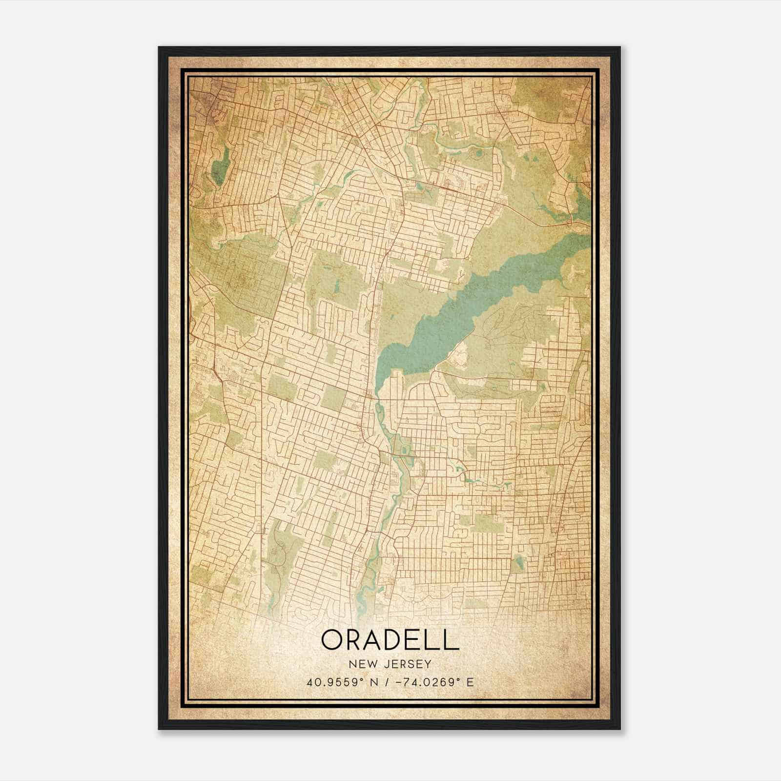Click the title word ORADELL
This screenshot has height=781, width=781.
click(390, 640)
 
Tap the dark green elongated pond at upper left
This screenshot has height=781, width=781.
click(221, 166)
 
